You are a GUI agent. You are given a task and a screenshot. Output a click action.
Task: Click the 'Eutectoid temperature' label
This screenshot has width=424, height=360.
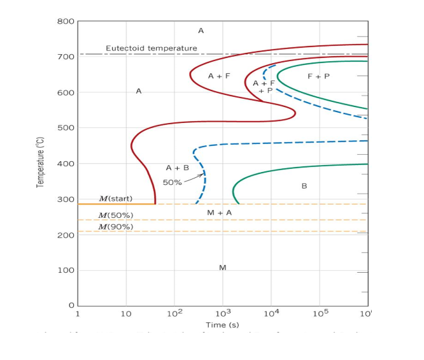142,48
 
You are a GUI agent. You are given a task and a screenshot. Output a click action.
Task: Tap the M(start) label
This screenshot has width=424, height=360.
115,199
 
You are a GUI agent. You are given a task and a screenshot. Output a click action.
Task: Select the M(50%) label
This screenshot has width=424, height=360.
115,215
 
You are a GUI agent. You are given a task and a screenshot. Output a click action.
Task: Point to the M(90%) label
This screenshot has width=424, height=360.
115,227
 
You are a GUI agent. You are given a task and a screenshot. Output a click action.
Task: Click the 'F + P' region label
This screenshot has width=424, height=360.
318,76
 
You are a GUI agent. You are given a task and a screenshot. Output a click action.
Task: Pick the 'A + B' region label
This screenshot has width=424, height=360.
177,168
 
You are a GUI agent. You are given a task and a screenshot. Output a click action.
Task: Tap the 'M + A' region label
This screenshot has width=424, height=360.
219,212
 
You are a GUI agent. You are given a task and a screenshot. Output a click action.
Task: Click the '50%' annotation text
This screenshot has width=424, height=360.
172,183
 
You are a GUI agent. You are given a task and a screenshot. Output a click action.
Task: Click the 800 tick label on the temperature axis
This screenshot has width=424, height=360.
66,22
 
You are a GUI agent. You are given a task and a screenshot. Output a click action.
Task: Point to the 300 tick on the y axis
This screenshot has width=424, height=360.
66,199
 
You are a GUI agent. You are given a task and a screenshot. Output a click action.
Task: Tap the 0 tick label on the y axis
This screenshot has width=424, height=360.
71,306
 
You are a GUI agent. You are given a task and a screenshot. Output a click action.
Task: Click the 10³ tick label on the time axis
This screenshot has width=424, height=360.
222,314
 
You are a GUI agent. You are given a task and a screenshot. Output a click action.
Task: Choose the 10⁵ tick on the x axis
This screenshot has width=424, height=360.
320,314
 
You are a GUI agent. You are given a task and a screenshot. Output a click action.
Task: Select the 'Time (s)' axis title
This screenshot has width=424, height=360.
222,326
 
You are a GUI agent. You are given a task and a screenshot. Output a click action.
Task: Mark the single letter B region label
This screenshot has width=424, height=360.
304,186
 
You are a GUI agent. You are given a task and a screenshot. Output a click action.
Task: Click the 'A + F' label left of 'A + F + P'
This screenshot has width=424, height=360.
219,76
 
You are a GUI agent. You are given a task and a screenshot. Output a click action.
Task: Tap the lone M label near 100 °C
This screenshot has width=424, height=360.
222,268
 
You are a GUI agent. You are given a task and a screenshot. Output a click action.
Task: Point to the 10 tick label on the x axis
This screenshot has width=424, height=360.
125,314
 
